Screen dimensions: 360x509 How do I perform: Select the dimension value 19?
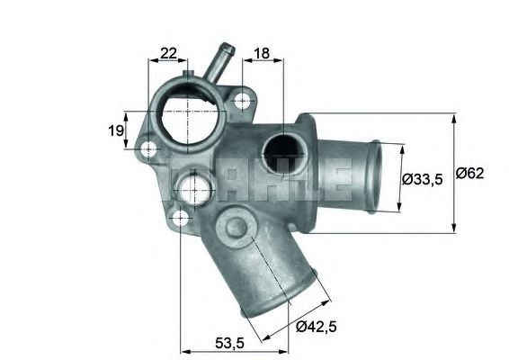click(116, 131)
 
